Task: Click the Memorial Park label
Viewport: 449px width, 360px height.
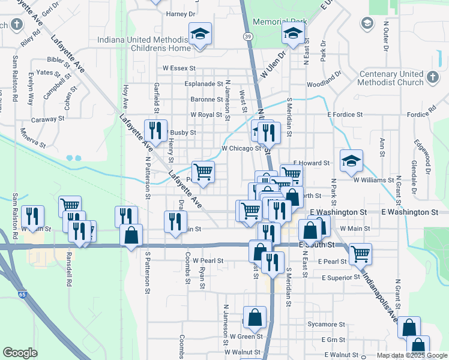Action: point(280,22)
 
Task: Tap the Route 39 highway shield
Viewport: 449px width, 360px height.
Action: point(248,37)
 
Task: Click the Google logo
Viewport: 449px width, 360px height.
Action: point(20,353)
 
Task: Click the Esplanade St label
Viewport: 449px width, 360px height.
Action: point(203,84)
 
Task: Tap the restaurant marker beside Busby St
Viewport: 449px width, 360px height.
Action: point(155,131)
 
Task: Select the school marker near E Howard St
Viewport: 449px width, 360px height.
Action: point(351,161)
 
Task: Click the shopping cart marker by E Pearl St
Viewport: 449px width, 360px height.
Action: point(360,254)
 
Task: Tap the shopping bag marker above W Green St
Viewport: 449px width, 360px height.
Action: point(255,318)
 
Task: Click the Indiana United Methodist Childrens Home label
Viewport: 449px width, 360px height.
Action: point(143,45)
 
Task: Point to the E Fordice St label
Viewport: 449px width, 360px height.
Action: point(345,114)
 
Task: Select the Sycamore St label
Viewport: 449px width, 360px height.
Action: point(327,325)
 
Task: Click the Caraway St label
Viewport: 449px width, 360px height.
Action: point(47,119)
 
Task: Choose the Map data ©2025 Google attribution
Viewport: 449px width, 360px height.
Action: point(412,355)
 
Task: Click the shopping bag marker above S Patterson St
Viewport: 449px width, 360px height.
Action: point(131,236)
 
